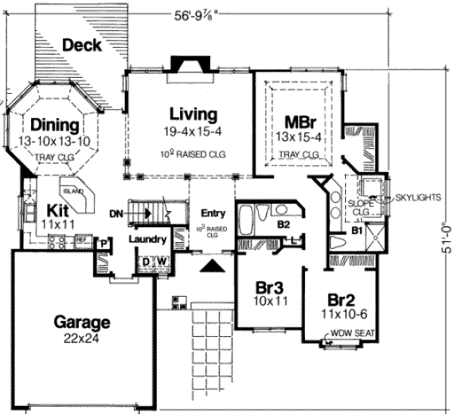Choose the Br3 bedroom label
pyautogui.click(x=269, y=289)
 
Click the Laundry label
pyautogui.click(x=147, y=240)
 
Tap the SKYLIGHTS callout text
pyautogui.click(x=417, y=197)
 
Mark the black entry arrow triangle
pyautogui.click(x=213, y=264)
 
